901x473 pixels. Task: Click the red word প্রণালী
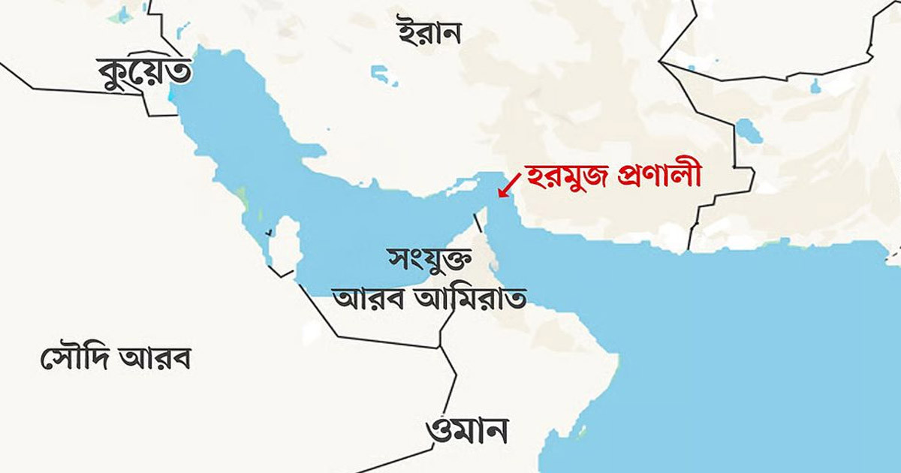659,177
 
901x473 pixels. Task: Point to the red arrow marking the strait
511,184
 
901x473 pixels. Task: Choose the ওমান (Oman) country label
466,431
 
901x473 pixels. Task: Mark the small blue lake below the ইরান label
383,75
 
